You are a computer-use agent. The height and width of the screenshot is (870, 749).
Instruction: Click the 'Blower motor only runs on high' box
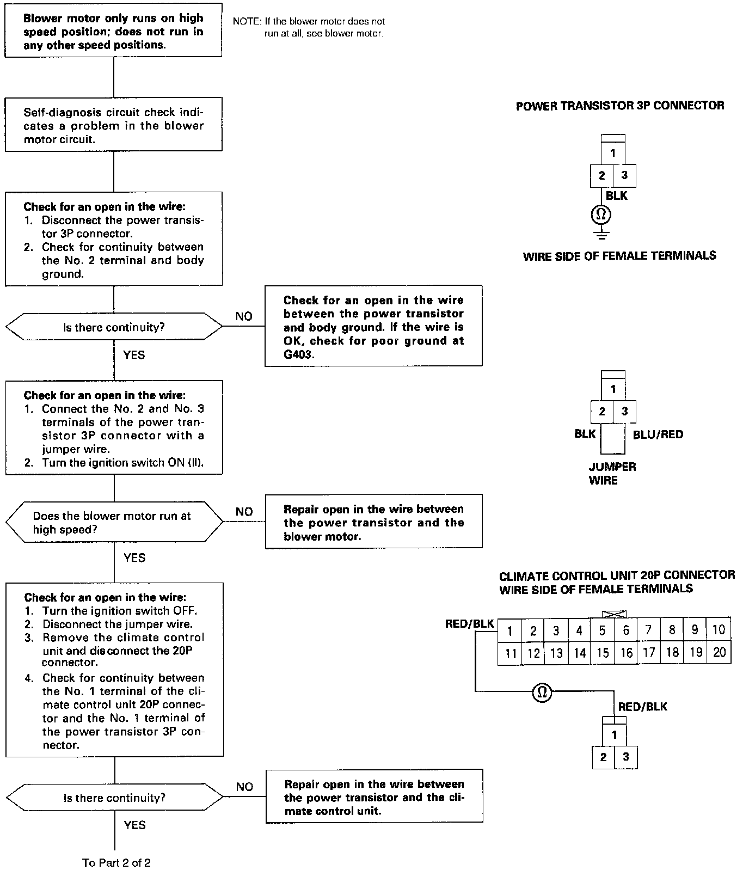coord(113,32)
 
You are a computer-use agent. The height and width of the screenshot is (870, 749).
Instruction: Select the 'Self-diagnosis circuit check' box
coord(113,125)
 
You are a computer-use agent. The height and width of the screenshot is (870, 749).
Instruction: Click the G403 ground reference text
coord(298,354)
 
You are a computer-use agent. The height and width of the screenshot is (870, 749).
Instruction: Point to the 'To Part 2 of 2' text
coord(116,862)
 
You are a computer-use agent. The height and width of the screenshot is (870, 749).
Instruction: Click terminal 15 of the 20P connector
coord(603,653)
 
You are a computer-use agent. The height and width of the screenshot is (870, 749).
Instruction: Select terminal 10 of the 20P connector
coord(719,630)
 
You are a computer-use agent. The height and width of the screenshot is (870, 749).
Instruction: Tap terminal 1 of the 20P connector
coord(509,631)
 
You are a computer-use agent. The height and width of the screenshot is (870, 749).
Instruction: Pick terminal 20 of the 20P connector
coord(719,653)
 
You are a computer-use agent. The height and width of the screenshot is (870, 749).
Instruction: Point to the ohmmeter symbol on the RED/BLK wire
coord(542,692)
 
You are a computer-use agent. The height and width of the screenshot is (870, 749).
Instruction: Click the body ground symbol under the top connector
coord(601,235)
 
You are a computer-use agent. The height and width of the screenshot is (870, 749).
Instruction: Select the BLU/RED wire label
coord(658,434)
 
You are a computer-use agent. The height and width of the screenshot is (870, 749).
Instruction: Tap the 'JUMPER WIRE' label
coord(612,473)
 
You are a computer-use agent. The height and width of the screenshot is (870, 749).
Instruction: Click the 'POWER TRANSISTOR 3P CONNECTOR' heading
coord(619,106)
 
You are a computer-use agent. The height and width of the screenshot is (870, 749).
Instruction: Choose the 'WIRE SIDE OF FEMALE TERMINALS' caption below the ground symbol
coord(619,255)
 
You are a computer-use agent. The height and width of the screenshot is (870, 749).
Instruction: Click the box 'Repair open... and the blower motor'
coord(373,522)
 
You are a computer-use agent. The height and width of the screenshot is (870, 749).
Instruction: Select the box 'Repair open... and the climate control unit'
coord(374,797)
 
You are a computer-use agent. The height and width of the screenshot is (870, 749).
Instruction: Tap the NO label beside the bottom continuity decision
coord(244,787)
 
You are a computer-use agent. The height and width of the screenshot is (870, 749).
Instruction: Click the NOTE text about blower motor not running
coord(309,27)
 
